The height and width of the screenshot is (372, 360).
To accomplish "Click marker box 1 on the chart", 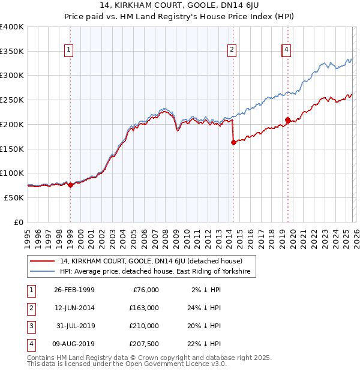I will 70,50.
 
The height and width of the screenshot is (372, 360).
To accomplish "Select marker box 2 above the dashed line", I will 232,50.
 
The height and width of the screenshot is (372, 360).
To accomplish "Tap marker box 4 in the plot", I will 287,50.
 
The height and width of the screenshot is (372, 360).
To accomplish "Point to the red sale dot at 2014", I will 233,142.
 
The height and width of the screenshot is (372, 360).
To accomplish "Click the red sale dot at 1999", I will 70,185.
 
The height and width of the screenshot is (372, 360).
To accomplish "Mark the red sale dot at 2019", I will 287,120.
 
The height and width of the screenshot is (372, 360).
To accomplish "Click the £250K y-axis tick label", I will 12,100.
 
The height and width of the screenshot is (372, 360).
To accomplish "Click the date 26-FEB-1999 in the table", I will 74,290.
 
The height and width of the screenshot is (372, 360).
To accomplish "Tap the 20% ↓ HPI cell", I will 203,326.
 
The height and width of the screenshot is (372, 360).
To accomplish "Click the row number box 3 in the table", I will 30,326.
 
